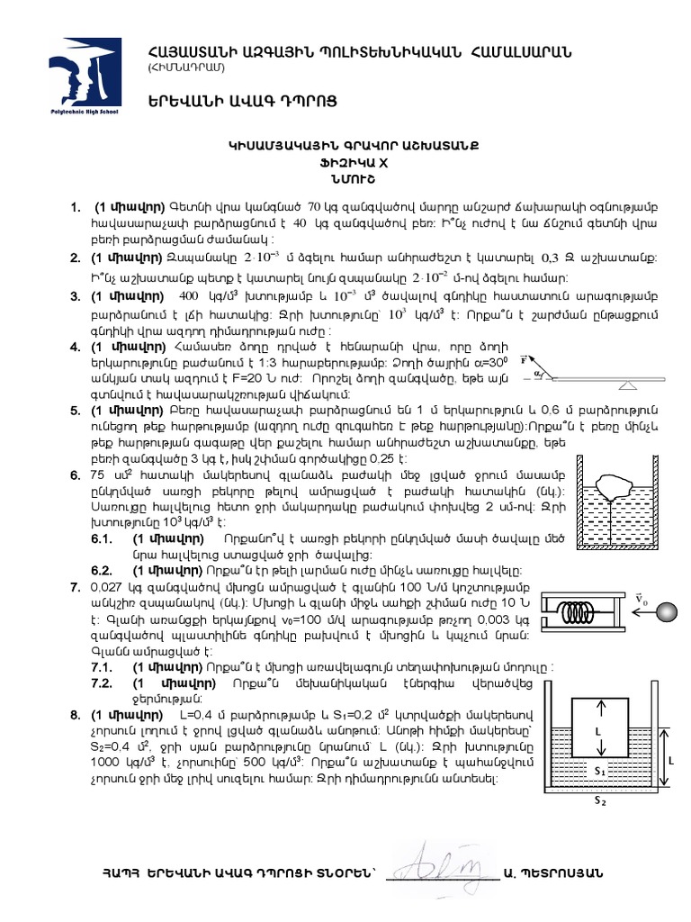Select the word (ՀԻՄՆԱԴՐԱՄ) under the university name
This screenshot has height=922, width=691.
click(x=186, y=68)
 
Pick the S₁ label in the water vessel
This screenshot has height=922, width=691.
click(x=598, y=771)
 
